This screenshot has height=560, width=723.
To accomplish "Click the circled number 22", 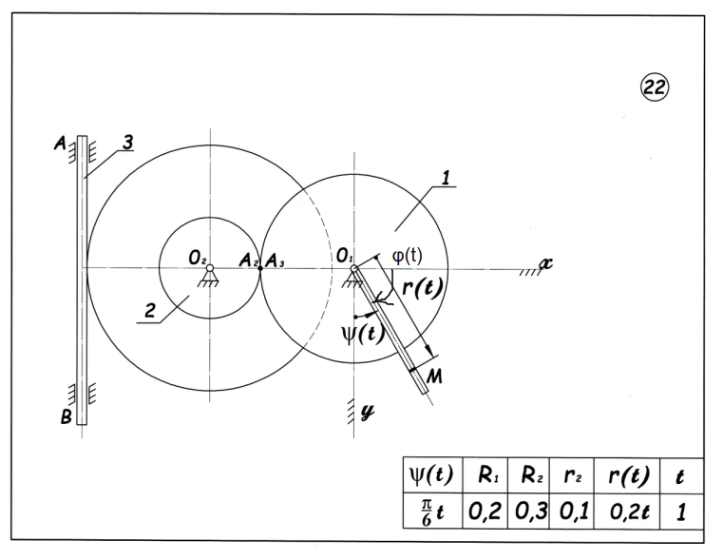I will click(655, 88).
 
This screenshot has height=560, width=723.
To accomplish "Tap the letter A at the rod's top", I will click(60, 145).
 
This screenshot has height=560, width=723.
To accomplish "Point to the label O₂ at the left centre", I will click(197, 257).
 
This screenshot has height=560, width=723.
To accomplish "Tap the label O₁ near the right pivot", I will click(343, 257).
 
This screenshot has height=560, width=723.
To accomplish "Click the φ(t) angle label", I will click(408, 256).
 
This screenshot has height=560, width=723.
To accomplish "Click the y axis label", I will click(366, 412).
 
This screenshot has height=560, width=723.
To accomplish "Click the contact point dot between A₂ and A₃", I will click(259, 268).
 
